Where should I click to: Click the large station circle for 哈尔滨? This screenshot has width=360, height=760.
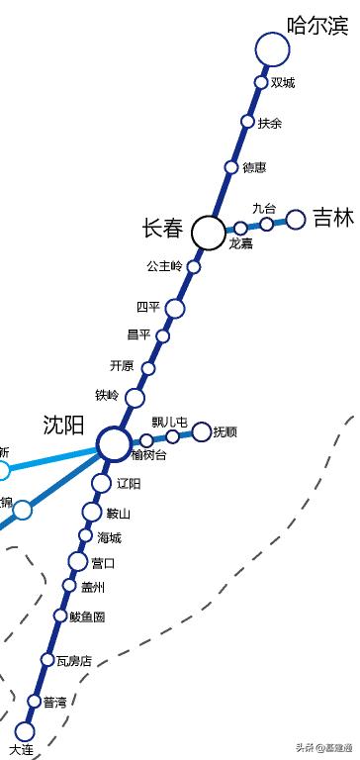272,48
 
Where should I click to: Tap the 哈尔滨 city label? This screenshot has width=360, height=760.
317,25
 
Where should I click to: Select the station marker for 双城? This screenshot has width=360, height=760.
261,82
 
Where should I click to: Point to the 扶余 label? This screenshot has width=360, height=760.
270,123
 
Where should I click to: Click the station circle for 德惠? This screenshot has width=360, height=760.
231,167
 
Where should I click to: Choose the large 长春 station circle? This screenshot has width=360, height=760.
208,233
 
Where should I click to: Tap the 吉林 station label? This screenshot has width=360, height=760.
333,218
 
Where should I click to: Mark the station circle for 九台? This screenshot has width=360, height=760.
267,224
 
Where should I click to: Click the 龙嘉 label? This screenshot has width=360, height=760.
240,243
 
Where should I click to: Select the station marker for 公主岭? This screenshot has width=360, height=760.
194,266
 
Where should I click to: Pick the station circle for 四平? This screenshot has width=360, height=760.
175,309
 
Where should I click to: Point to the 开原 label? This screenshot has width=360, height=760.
122,366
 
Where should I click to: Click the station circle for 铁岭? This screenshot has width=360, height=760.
135,398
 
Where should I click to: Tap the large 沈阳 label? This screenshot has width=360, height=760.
63,425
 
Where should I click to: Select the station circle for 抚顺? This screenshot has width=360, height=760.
202,431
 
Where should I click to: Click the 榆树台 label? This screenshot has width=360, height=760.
149,455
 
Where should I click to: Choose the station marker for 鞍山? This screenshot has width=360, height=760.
92,512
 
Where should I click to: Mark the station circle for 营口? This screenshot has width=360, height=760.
78,562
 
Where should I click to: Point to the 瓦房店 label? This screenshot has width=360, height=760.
73,660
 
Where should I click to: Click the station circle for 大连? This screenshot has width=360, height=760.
26,732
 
